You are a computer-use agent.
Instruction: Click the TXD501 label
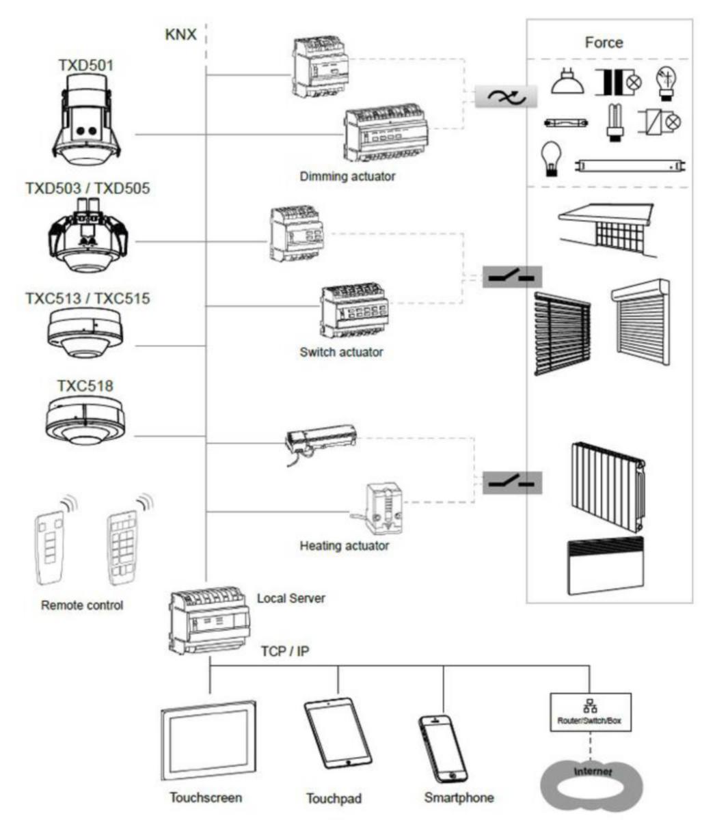pyautogui.click(x=86, y=66)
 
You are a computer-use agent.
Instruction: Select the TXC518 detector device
pyautogui.click(x=85, y=421)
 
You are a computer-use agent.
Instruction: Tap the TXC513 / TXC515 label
pyautogui.click(x=87, y=299)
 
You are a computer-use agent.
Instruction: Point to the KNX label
pyautogui.click(x=180, y=34)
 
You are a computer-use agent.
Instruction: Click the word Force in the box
pyautogui.click(x=604, y=42)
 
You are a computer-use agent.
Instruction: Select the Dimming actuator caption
pyautogui.click(x=347, y=176)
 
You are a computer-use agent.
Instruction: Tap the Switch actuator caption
pyautogui.click(x=341, y=353)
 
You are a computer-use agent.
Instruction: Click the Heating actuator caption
pyautogui.click(x=344, y=546)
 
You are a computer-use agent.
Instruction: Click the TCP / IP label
pyautogui.click(x=284, y=651)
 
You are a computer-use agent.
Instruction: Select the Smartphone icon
pyautogui.click(x=443, y=748)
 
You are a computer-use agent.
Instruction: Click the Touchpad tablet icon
pyautogui.click(x=338, y=733)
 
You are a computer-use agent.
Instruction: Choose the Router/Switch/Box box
pyautogui.click(x=590, y=712)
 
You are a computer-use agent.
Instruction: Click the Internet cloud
pyautogui.click(x=592, y=785)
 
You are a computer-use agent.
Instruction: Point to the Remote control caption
pyautogui.click(x=82, y=605)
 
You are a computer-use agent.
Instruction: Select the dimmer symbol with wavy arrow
pyautogui.click(x=506, y=97)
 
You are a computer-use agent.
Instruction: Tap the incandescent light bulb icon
pyautogui.click(x=551, y=158)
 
